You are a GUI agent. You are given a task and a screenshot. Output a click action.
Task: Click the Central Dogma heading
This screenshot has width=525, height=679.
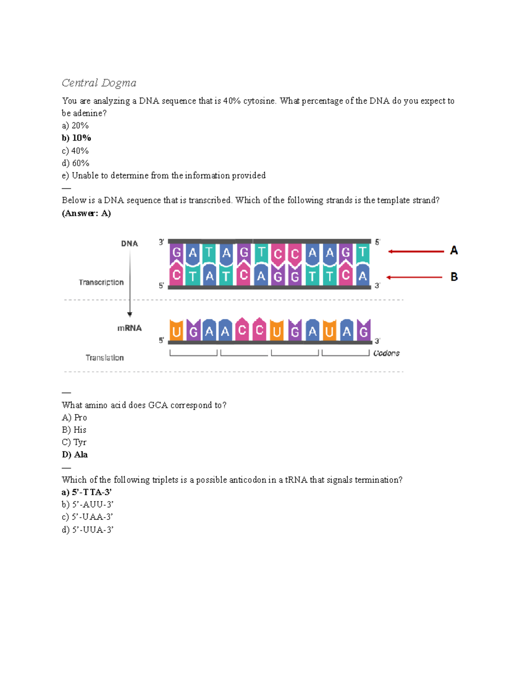coord(99,83)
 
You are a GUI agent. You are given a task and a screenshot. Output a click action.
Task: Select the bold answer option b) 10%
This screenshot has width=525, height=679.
coord(77,138)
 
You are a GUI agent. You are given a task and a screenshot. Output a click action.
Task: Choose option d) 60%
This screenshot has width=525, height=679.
coord(76,163)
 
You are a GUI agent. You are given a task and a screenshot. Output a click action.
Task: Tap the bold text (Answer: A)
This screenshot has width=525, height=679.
coord(86,213)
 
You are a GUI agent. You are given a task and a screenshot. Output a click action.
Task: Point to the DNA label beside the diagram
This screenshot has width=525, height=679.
coord(129,244)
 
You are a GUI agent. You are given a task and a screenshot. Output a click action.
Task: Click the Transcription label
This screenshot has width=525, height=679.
coord(101,282)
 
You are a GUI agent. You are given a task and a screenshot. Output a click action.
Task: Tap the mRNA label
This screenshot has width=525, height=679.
coord(129,328)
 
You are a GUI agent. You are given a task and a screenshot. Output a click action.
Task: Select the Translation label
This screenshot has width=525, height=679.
coord(105,358)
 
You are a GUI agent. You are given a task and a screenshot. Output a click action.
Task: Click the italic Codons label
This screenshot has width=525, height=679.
coord(386,353)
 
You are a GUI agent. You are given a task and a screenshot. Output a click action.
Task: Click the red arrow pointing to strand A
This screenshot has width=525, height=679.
coord(416,251)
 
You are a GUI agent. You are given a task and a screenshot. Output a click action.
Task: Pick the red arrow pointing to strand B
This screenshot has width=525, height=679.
coord(415,277)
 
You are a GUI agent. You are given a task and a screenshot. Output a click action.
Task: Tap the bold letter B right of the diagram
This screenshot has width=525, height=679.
coord(454,277)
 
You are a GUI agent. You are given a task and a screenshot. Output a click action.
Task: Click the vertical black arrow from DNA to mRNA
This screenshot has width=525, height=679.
coord(129,284)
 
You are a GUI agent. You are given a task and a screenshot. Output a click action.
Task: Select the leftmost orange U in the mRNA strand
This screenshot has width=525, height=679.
coord(177,331)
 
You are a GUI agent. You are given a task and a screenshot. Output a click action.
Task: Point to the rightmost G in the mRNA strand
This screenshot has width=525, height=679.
coord(364,331)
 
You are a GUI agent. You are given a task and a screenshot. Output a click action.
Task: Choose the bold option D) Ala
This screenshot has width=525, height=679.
coord(75,455)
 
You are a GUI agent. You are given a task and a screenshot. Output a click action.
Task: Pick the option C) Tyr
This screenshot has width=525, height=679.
coord(74,442)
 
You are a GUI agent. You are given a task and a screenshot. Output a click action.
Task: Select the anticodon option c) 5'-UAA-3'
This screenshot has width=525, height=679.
coord(87,517)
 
